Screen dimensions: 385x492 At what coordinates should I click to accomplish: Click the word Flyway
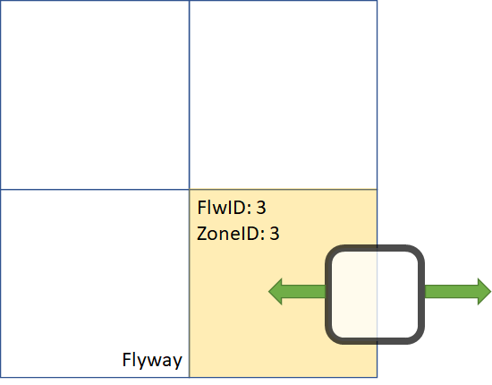click(x=152, y=361)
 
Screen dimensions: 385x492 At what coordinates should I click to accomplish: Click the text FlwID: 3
click(x=231, y=209)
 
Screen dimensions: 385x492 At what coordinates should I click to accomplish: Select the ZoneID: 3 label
click(x=238, y=234)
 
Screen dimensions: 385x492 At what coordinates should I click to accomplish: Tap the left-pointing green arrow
click(x=296, y=291)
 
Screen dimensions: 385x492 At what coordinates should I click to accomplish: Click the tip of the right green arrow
click(x=489, y=291)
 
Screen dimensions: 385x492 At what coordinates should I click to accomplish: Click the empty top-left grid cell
click(x=95, y=95)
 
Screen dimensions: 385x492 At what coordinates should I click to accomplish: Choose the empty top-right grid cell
click(x=283, y=95)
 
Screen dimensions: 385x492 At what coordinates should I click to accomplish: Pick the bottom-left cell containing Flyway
click(x=95, y=283)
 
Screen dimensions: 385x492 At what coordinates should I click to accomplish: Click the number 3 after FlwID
click(x=261, y=209)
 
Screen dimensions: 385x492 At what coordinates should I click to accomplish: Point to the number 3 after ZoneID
click(x=276, y=234)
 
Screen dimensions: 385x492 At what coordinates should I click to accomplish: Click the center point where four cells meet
click(x=190, y=190)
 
